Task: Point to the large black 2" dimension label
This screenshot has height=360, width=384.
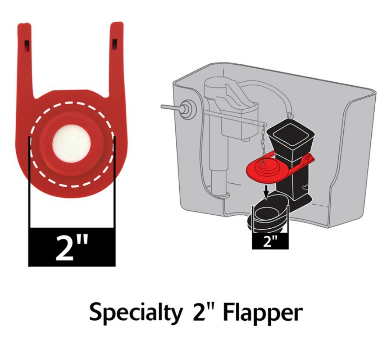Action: (x=72, y=247)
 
